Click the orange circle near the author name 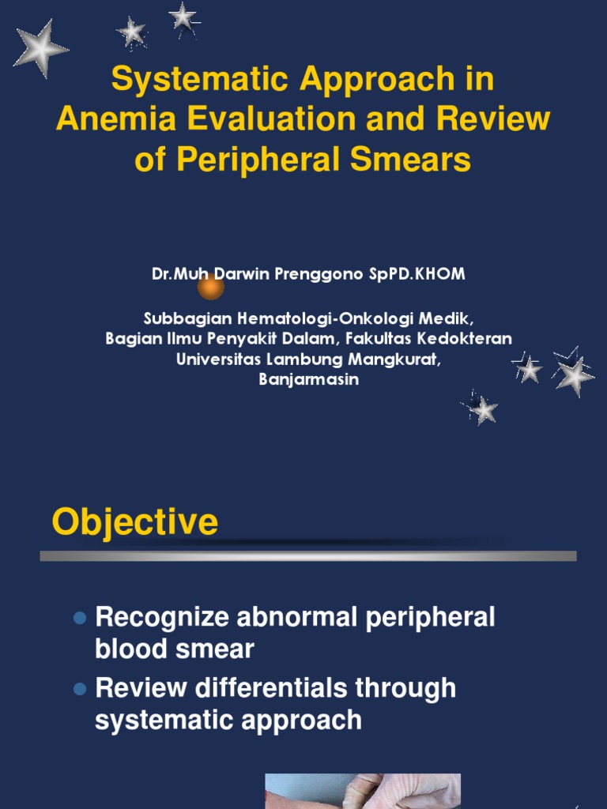(x=210, y=288)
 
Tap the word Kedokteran (x=469, y=338)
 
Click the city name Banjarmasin (x=309, y=379)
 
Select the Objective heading (x=134, y=522)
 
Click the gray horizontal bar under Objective (x=308, y=556)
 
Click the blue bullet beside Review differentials (x=79, y=689)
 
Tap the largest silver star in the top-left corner (x=40, y=49)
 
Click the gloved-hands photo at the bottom (x=362, y=791)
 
